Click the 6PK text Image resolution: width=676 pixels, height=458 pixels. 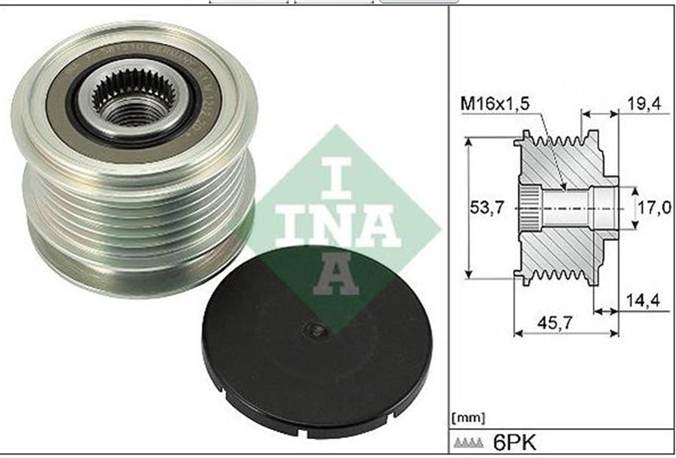point(514,442)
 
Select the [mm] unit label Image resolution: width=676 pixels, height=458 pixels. point(468,418)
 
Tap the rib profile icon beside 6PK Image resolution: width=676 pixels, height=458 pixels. point(467,443)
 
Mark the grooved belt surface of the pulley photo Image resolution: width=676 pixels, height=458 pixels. point(135,225)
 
